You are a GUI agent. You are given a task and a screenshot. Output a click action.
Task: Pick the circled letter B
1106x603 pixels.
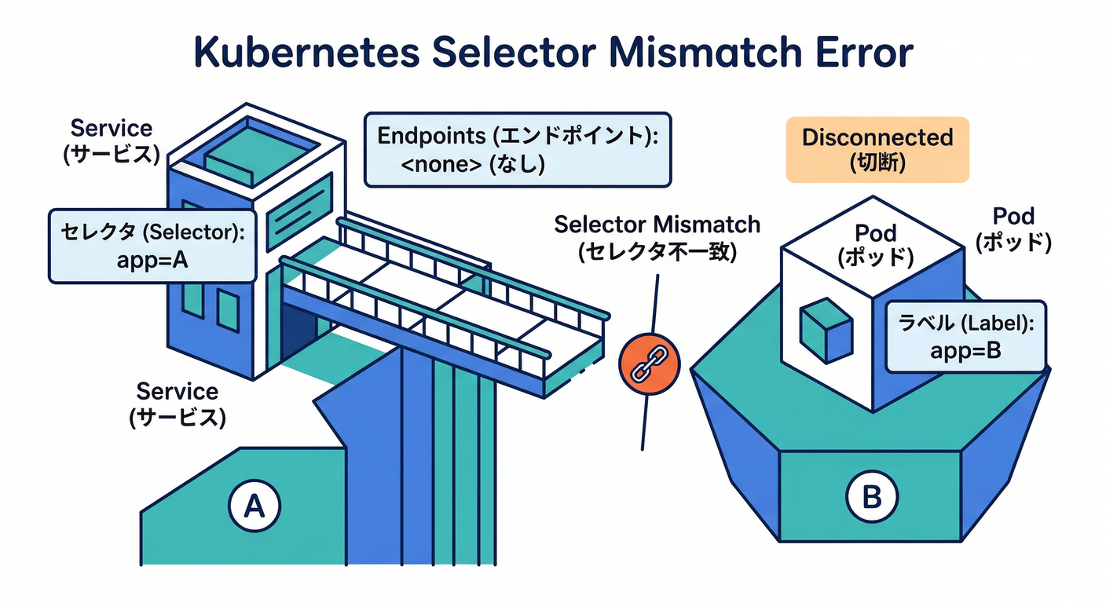870,497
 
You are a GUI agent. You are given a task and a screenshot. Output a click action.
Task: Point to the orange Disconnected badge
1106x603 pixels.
877,150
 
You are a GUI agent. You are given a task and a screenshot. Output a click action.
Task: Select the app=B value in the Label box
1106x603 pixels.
965,350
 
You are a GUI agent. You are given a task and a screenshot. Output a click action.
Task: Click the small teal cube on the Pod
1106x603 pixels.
826,329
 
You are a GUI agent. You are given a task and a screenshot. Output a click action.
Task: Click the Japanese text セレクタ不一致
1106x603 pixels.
657,254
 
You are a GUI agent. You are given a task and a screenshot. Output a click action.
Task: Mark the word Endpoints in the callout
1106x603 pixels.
431,136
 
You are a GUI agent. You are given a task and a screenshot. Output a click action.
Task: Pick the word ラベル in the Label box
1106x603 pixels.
924,321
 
